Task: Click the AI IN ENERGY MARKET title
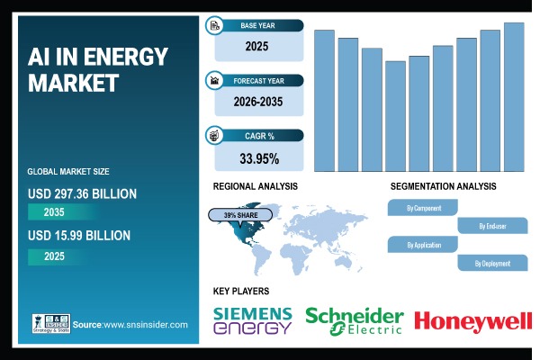point(98,70)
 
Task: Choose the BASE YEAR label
point(257,25)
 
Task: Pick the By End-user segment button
point(493,226)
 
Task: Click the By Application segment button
point(422,244)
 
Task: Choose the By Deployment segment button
point(493,263)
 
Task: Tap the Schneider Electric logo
point(354,320)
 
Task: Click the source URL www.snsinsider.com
point(144,324)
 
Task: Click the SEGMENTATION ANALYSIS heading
point(443,186)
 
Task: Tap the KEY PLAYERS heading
point(240,291)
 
